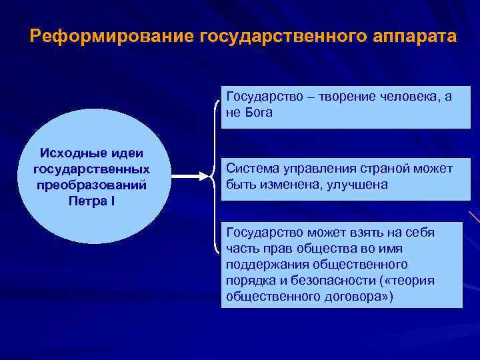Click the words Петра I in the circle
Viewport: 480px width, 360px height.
point(92,200)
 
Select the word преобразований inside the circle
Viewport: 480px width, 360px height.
point(92,185)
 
